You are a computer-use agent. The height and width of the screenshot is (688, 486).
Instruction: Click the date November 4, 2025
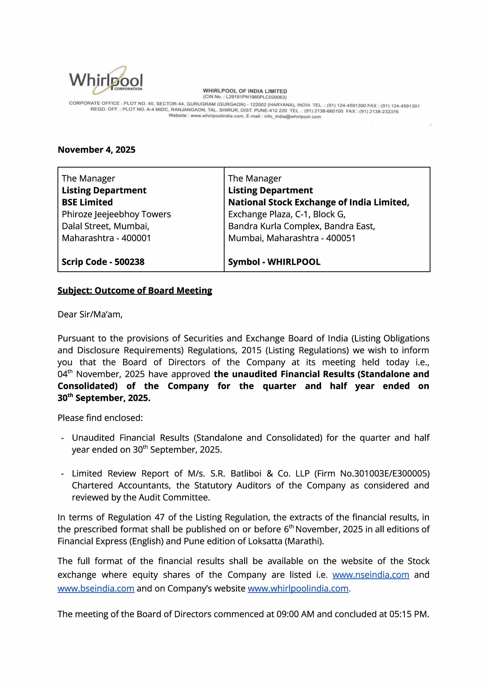(x=96, y=149)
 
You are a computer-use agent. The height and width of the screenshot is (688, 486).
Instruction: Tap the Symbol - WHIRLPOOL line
(x=274, y=262)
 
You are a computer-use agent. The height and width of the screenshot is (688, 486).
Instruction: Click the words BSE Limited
(x=87, y=202)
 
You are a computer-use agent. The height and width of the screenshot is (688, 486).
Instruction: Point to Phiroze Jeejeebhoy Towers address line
(x=116, y=214)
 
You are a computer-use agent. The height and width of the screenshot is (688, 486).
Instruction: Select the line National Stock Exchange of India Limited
(x=319, y=202)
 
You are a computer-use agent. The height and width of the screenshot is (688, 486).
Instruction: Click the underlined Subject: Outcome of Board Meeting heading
(x=135, y=290)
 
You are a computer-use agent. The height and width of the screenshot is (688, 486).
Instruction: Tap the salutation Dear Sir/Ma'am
(x=90, y=314)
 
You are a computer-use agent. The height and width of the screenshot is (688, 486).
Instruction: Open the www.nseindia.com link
(x=371, y=575)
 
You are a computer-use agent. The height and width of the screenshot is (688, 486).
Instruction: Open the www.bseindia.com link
(x=96, y=589)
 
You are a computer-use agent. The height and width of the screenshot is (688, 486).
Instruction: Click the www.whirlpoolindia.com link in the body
(x=298, y=589)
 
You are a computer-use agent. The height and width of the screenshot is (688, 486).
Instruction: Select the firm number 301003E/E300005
(x=391, y=474)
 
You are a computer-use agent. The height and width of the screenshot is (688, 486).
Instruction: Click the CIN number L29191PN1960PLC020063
(x=256, y=97)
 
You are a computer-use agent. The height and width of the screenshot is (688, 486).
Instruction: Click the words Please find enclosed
(x=100, y=418)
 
